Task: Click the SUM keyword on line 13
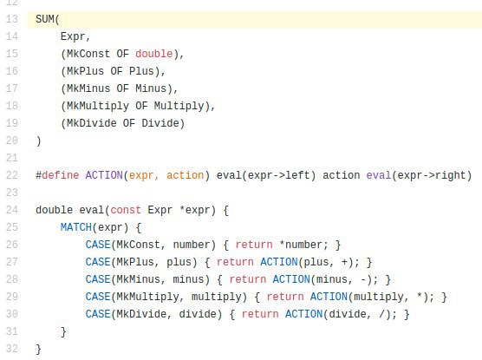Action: point(45,19)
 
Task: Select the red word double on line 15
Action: point(153,54)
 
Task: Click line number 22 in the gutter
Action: point(12,175)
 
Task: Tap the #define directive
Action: point(57,175)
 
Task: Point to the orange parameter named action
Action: point(185,175)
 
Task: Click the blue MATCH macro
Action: point(76,227)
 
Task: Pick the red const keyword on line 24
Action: point(126,210)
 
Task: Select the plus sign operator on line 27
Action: point(344,262)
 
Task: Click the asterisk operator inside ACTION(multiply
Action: point(419,296)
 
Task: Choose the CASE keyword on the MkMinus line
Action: point(98,279)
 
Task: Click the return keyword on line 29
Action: point(285,297)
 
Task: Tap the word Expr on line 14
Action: point(73,36)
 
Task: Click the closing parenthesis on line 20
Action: point(38,141)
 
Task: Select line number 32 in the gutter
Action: point(12,349)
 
